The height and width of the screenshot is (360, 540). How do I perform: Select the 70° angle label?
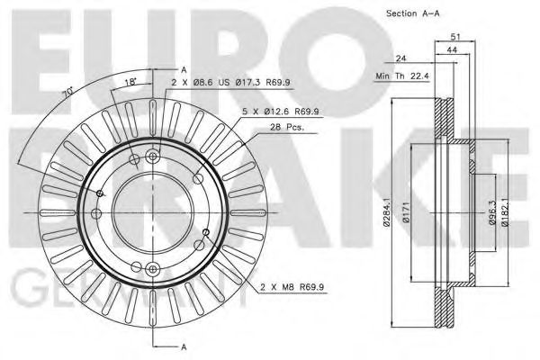66,94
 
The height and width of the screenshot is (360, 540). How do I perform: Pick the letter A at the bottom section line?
183,346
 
